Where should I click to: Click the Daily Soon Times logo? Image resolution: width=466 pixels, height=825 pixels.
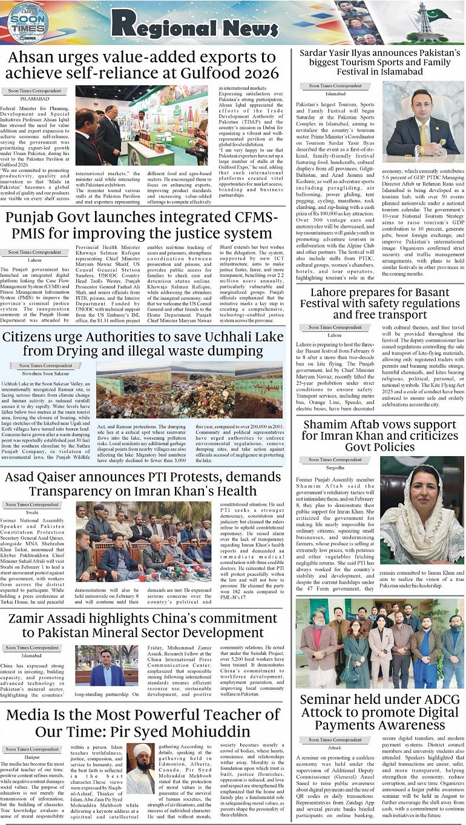(27, 22)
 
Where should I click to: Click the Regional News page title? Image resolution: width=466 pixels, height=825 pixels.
(194, 24)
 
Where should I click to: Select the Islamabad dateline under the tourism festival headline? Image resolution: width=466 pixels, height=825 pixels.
(335, 94)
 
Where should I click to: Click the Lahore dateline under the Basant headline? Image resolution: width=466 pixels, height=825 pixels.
(335, 335)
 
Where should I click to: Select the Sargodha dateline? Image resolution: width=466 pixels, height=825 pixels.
(335, 468)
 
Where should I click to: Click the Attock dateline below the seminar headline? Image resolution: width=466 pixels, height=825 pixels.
(335, 747)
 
